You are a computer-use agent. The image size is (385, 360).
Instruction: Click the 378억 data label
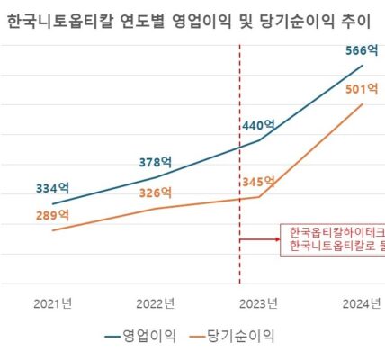pos(155,162)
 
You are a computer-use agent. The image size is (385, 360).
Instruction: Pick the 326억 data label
pos(155,193)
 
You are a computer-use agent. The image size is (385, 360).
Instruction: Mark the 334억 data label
pos(52,188)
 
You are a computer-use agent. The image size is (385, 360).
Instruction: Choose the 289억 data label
pos(52,216)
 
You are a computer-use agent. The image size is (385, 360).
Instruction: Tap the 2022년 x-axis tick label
pos(156,302)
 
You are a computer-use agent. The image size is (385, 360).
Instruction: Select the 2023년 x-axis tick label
pos(259,302)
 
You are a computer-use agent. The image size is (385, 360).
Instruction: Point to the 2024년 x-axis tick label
pos(363,302)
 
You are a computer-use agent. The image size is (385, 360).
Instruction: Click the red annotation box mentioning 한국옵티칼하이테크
pos(333,239)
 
